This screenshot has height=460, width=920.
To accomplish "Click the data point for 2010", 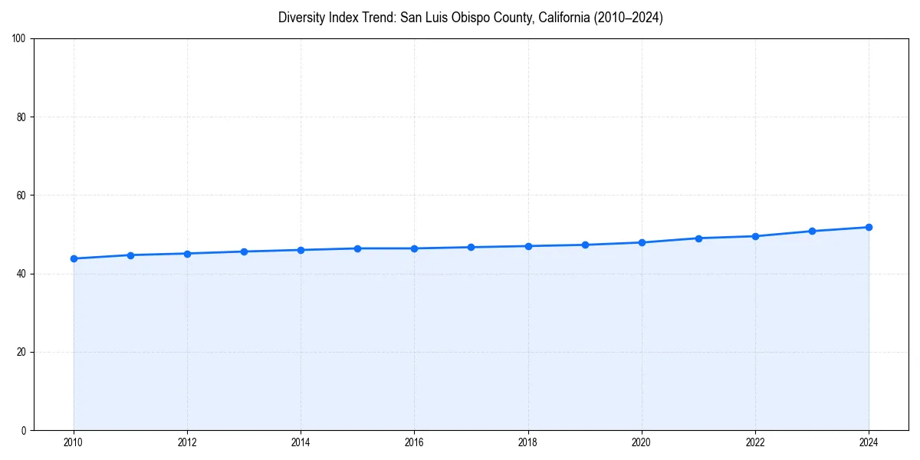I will pos(74,258).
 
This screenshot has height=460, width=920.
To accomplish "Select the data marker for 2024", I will pos(869,227).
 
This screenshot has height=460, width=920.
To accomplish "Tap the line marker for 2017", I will pos(471,247).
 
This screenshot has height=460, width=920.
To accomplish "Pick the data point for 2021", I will pos(698,238).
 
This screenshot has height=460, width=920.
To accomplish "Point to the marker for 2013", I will pos(244,251).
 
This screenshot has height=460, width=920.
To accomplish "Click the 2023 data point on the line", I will pos(812,231).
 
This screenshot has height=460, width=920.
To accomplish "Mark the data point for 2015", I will pos(357,248).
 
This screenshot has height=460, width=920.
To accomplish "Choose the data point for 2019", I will pos(585,245).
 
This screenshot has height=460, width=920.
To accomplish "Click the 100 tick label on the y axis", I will pos(19,39).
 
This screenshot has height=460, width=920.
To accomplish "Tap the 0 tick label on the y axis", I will pos(24,430).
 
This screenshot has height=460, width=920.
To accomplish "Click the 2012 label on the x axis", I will pos(187,442).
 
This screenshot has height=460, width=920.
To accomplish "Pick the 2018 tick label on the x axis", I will pos(527,442).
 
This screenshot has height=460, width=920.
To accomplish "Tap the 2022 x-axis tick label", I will pos(755,442).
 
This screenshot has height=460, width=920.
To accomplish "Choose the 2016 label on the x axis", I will pos(414,442).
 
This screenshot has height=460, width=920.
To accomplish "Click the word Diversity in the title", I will pos(303,18).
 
